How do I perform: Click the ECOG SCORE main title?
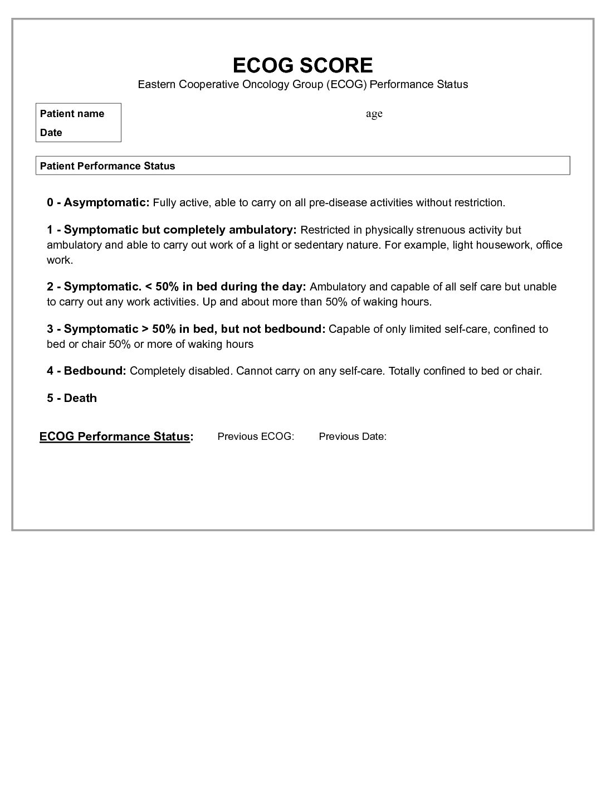(302, 65)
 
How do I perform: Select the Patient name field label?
(72, 114)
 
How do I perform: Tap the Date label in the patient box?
(51, 133)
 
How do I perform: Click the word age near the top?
(374, 114)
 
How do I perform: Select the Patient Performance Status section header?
(107, 166)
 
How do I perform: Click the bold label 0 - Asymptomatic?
(98, 202)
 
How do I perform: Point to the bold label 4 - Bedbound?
(86, 371)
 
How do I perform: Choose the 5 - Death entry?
(72, 398)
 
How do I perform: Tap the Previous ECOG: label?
(256, 437)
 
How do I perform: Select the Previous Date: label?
(353, 437)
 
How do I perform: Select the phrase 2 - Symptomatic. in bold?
(94, 287)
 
